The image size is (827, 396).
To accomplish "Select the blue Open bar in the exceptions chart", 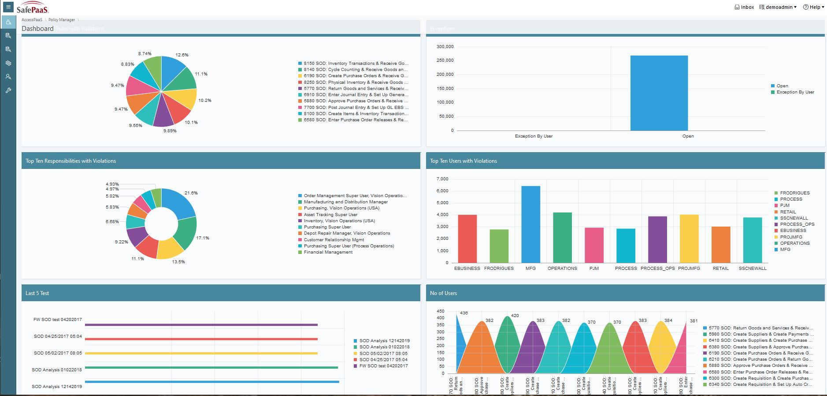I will [x=659, y=93].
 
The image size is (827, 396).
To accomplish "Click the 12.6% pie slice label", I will [x=182, y=55].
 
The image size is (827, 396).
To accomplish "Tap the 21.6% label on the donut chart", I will [x=191, y=193].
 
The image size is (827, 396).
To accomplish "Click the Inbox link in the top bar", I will [x=744, y=7].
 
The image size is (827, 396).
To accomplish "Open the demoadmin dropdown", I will [x=778, y=7].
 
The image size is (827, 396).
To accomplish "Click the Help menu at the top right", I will [x=813, y=7].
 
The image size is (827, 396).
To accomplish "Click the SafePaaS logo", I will [x=33, y=9].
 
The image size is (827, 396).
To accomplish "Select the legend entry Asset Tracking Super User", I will [x=330, y=215].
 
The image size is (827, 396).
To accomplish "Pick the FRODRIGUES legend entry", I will [x=794, y=193].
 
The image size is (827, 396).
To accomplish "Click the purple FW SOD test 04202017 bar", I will [x=201, y=325].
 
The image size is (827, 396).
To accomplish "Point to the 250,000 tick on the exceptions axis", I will [x=445, y=60].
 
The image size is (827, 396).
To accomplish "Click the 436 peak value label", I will [x=464, y=313].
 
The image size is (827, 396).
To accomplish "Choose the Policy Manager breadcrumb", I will [x=62, y=20].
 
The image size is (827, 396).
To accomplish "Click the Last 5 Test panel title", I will [x=37, y=293].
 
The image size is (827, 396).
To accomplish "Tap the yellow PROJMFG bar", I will [x=689, y=239].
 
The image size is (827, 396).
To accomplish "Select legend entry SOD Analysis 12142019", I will [x=384, y=341].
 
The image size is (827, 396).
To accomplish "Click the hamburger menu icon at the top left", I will [x=8, y=7].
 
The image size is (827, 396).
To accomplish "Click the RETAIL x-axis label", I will [x=720, y=269].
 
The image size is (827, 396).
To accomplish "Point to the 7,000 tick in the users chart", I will [x=442, y=179].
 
